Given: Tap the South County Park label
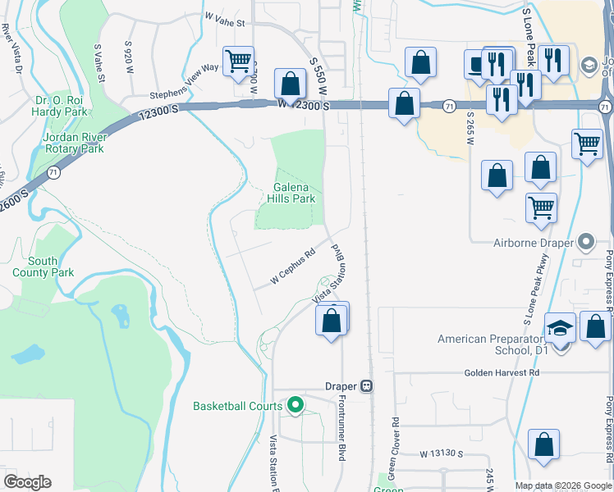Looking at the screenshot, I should coord(43,266).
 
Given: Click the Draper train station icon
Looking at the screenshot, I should coord(368,385).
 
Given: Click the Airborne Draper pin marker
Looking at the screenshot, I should coord(585,242).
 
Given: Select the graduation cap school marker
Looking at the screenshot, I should coord(561,330).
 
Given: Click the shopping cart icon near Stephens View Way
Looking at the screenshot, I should coord(238,61).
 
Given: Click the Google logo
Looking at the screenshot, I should coord(27,482).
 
